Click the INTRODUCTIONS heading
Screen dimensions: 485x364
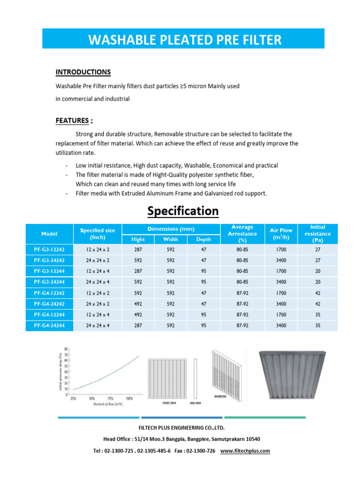(x=83, y=72)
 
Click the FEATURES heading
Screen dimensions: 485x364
(x=72, y=121)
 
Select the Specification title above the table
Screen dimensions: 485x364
(x=183, y=211)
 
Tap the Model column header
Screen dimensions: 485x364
(x=49, y=234)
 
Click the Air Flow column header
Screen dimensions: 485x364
(x=281, y=234)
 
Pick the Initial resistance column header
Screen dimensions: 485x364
(x=318, y=234)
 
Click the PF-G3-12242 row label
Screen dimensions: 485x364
(x=49, y=250)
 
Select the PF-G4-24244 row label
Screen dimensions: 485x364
(x=49, y=326)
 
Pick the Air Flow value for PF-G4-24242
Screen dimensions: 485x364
(x=281, y=304)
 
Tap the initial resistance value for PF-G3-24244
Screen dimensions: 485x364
(x=318, y=282)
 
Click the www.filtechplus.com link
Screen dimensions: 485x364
(x=245, y=451)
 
